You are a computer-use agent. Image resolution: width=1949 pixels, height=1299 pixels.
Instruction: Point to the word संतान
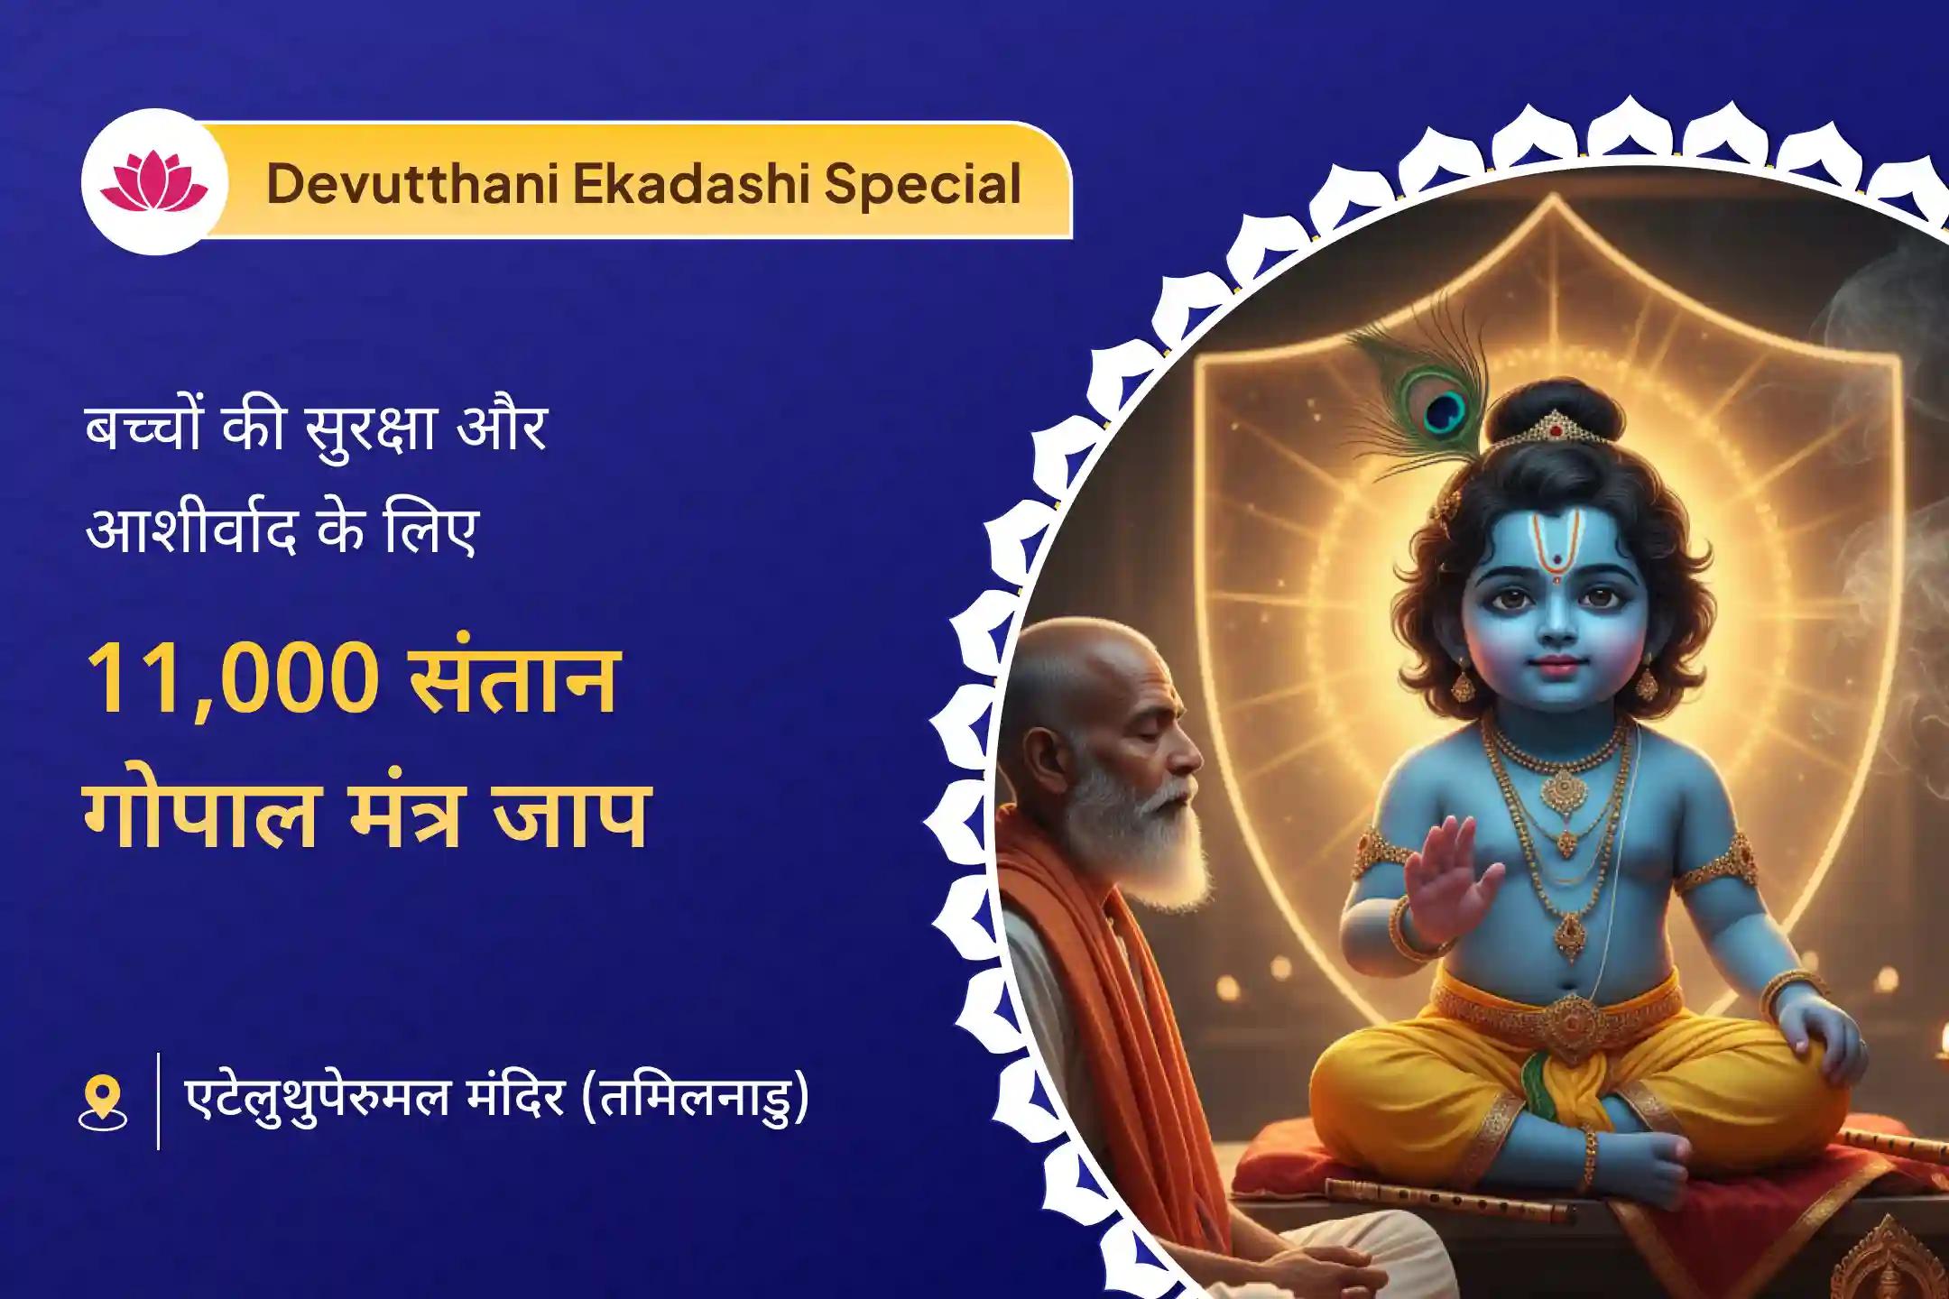tap(513, 677)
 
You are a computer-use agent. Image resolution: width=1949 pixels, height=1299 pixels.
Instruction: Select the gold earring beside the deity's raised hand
tap(1463, 686)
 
